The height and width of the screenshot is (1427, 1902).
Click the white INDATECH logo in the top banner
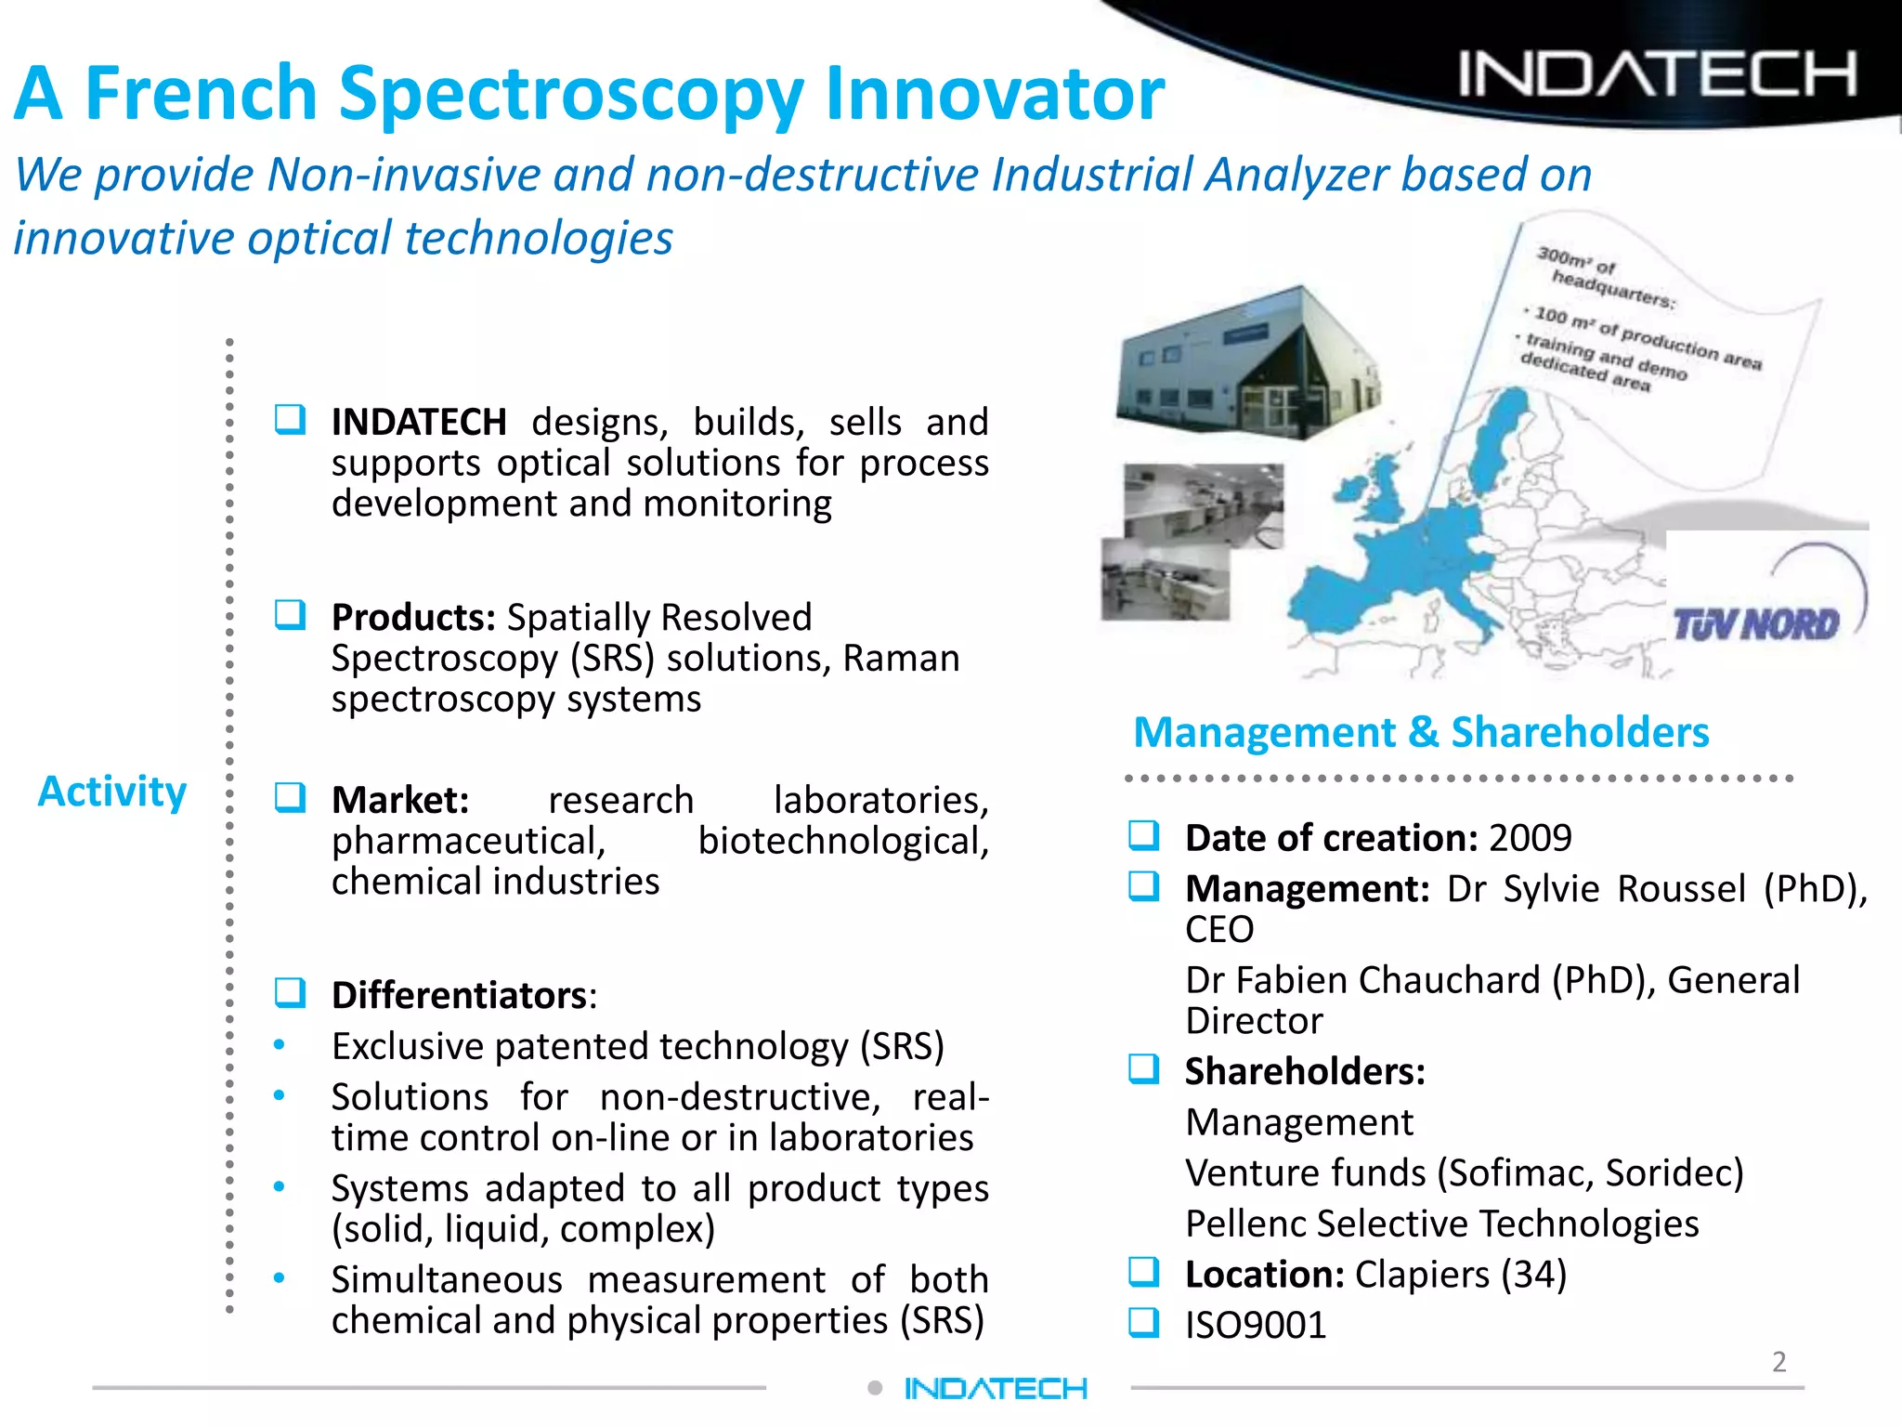point(1658,74)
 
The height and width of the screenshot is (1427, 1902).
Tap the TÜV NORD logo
point(1755,624)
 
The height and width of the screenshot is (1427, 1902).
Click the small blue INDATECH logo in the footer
point(996,1389)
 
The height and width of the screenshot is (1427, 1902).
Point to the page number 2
point(1778,1362)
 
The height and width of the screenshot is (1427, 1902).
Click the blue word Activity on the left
point(112,792)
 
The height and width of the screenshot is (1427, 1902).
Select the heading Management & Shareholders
point(1421,732)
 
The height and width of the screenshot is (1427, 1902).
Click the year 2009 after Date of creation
point(1531,838)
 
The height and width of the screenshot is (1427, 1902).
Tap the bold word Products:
point(413,618)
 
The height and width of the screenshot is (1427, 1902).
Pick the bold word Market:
point(400,800)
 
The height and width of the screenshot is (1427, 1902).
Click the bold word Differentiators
point(460,995)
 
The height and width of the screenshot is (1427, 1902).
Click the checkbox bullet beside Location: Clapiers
point(1144,1271)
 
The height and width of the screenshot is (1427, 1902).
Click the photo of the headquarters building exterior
point(1249,362)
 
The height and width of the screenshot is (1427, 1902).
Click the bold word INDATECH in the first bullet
point(419,423)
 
